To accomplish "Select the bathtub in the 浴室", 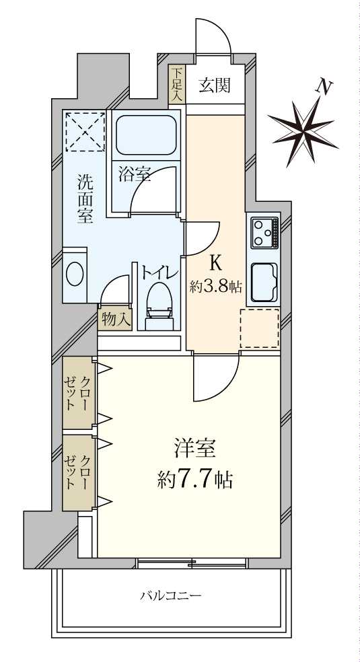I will pyautogui.click(x=146, y=135).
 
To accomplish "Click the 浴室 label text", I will pyautogui.click(x=134, y=174).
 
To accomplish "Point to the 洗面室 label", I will pyautogui.click(x=85, y=198).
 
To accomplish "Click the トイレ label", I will pyautogui.click(x=159, y=272).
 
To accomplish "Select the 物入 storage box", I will pyautogui.click(x=116, y=320).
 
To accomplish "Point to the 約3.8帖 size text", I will pyautogui.click(x=215, y=285).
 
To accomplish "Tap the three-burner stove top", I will pyautogui.click(x=264, y=233).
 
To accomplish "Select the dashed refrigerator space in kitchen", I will pyautogui.click(x=259, y=328).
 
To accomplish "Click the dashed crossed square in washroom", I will pyautogui.click(x=85, y=131).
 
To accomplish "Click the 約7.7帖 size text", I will pyautogui.click(x=195, y=479).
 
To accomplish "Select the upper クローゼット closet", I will pyautogui.click(x=78, y=393).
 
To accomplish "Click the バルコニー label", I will pyautogui.click(x=171, y=595).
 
